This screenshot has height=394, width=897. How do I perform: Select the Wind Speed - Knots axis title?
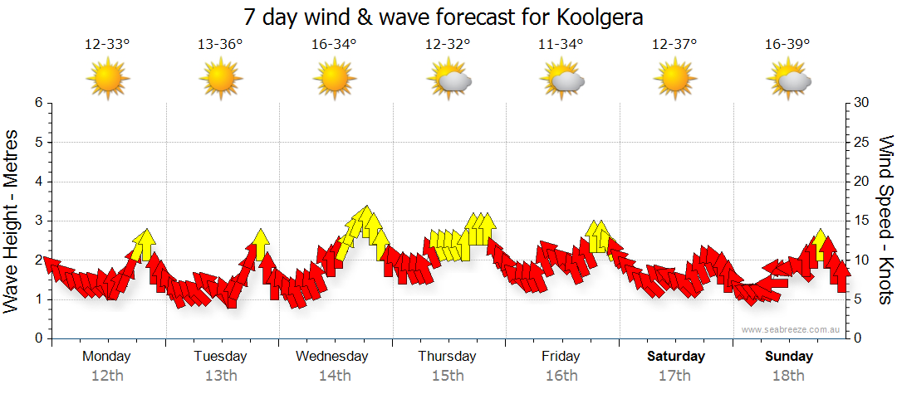coord(885,220)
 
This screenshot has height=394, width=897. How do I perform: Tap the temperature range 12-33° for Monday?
coord(107,45)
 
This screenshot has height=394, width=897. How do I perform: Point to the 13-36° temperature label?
coord(220,45)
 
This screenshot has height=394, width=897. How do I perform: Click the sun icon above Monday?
coord(108,80)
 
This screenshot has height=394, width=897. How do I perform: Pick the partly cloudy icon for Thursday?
coord(449,80)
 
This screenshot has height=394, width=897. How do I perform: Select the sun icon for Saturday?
coord(675,80)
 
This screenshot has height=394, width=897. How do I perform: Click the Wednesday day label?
coord(332,357)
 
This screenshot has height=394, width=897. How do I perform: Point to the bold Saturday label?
coord(676,357)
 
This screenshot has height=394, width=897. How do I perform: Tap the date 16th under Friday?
coord(562,376)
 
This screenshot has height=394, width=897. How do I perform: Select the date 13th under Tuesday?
coord(221,376)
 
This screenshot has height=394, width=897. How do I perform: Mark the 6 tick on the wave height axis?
coord(38,103)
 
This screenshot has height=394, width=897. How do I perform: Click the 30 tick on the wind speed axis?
coord(862,103)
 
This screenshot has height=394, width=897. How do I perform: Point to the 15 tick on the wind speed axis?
coord(862,221)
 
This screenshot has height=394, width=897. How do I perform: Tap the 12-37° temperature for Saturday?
coord(674,45)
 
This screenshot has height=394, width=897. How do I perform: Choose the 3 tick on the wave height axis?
coord(38,221)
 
